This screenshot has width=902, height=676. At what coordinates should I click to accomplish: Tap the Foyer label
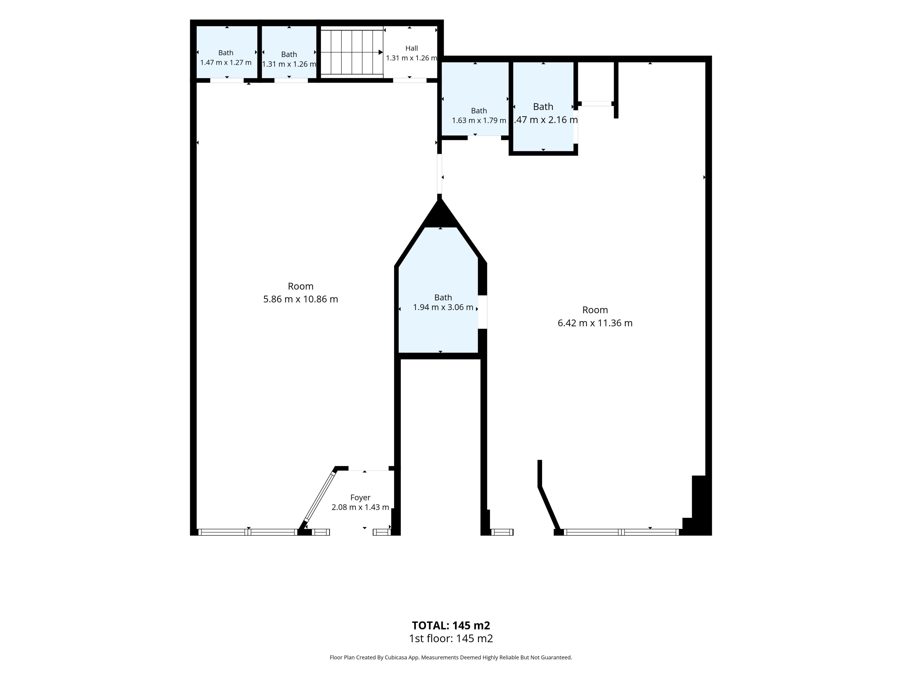coord(360,498)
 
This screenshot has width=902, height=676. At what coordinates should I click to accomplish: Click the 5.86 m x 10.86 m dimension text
coord(300,299)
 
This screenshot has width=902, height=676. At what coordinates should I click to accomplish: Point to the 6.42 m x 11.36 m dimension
coord(595,323)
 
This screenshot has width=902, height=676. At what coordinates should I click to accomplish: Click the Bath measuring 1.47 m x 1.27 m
coord(227,52)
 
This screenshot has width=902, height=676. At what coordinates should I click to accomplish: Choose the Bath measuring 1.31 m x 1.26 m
coord(289,52)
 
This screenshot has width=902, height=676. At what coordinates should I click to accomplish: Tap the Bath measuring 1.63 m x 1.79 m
coord(475,99)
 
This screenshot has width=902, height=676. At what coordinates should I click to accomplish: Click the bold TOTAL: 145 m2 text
coord(451,626)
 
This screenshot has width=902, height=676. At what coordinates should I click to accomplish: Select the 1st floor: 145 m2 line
coord(451,638)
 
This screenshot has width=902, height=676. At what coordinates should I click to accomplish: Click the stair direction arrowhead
coord(381,52)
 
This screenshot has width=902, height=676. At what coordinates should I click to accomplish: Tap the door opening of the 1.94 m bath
coord(482,312)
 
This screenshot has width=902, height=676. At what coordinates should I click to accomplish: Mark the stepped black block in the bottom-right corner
coord(697,505)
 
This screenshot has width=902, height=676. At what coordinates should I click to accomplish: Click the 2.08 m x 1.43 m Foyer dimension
coord(360,507)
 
